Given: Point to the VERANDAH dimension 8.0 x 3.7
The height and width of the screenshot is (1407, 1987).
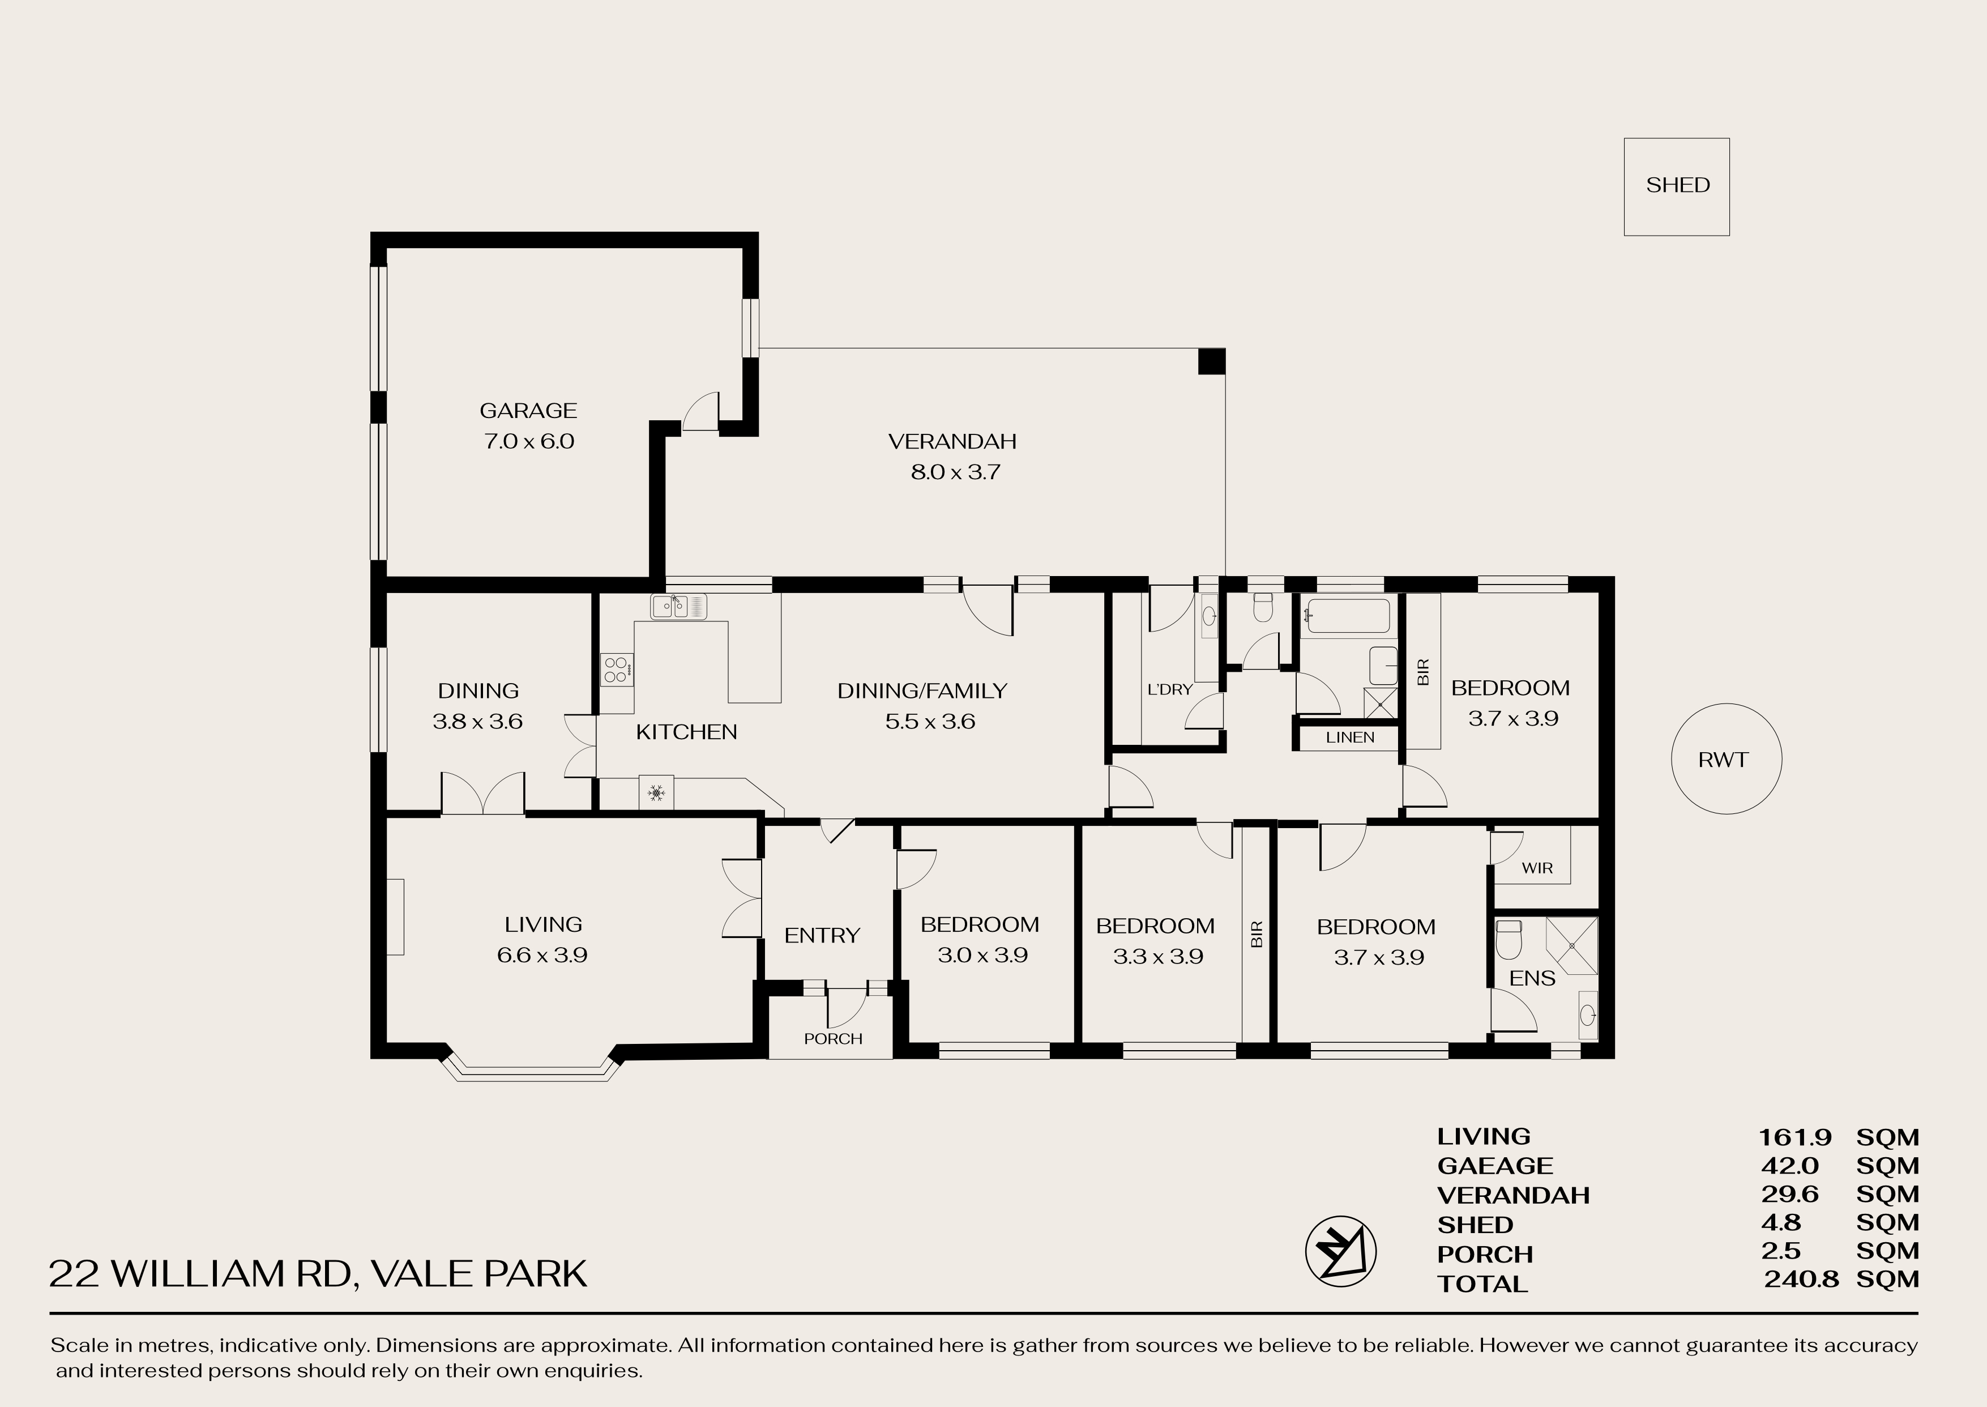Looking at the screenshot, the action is click(955, 472).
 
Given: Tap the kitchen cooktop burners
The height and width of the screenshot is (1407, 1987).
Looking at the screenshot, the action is click(617, 670).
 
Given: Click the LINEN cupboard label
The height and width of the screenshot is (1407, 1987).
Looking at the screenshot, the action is click(1349, 737).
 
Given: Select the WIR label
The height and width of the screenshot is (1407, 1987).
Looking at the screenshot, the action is click(1537, 867).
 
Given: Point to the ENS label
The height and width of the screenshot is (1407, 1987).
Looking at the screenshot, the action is click(1532, 978).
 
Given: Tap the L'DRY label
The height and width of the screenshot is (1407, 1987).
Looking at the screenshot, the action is click(1169, 690).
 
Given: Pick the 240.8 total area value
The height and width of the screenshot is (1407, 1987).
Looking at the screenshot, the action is click(1801, 1279).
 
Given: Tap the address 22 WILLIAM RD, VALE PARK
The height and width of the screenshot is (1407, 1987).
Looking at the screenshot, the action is click(318, 1273).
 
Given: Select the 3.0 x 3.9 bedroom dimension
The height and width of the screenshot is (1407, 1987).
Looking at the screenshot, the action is click(982, 955).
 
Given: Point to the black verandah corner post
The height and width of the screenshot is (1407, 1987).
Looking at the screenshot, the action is click(1212, 361).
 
